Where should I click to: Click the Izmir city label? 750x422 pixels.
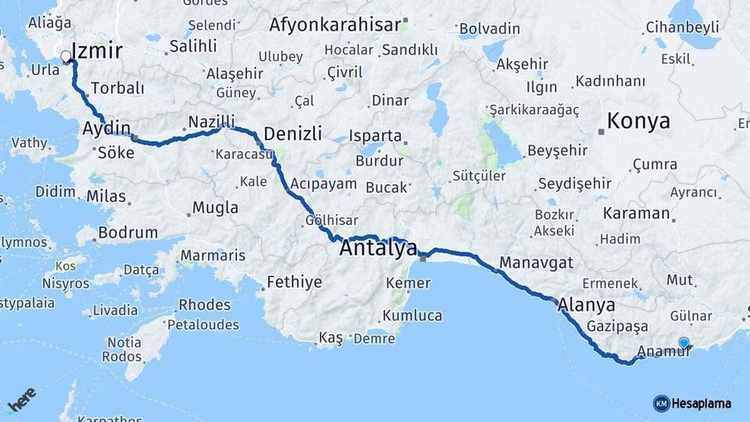(97, 52)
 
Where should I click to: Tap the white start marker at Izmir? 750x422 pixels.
(66, 56)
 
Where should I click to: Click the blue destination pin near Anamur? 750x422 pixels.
(684, 342)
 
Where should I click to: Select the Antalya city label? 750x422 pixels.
(378, 249)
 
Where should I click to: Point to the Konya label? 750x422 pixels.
(638, 121)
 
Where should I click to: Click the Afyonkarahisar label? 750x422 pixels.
(335, 25)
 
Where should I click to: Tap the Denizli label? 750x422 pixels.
(292, 134)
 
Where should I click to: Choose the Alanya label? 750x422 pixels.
(587, 305)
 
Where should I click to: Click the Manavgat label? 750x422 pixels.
(537, 263)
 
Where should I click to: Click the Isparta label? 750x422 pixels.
(375, 135)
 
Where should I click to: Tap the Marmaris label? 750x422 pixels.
(212, 256)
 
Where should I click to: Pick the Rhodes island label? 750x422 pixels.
(205, 304)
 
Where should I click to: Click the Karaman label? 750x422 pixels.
(636, 213)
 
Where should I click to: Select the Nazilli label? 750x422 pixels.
(211, 122)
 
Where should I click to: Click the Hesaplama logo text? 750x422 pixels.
(702, 403)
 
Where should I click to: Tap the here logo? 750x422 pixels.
(22, 400)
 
